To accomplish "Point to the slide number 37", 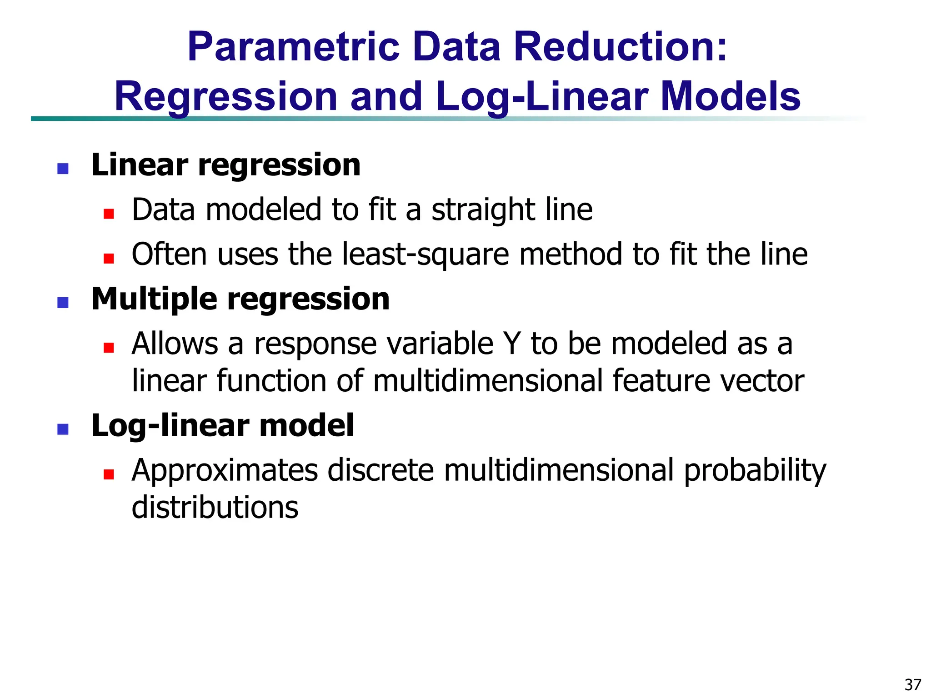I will click(x=913, y=684).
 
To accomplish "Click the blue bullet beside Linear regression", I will click(x=63, y=169).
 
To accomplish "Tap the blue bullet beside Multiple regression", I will click(x=63, y=303).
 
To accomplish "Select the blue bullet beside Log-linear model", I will click(x=63, y=429).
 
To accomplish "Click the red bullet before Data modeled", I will click(x=108, y=214).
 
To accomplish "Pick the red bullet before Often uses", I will click(x=108, y=259).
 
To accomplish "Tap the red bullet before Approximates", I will click(x=108, y=475).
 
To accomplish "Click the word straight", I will click(x=481, y=210).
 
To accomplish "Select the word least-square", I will click(x=425, y=254).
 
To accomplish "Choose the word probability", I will click(x=755, y=471).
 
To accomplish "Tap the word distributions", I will click(x=215, y=507).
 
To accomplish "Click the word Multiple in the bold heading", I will click(x=154, y=300).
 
